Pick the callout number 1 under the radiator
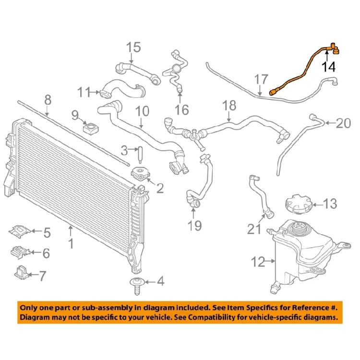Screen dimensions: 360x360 click(71, 244)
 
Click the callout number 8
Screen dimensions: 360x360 click(47, 100)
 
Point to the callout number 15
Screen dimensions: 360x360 click(134, 48)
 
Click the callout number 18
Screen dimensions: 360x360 click(230, 105)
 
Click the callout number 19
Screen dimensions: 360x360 click(195, 225)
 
